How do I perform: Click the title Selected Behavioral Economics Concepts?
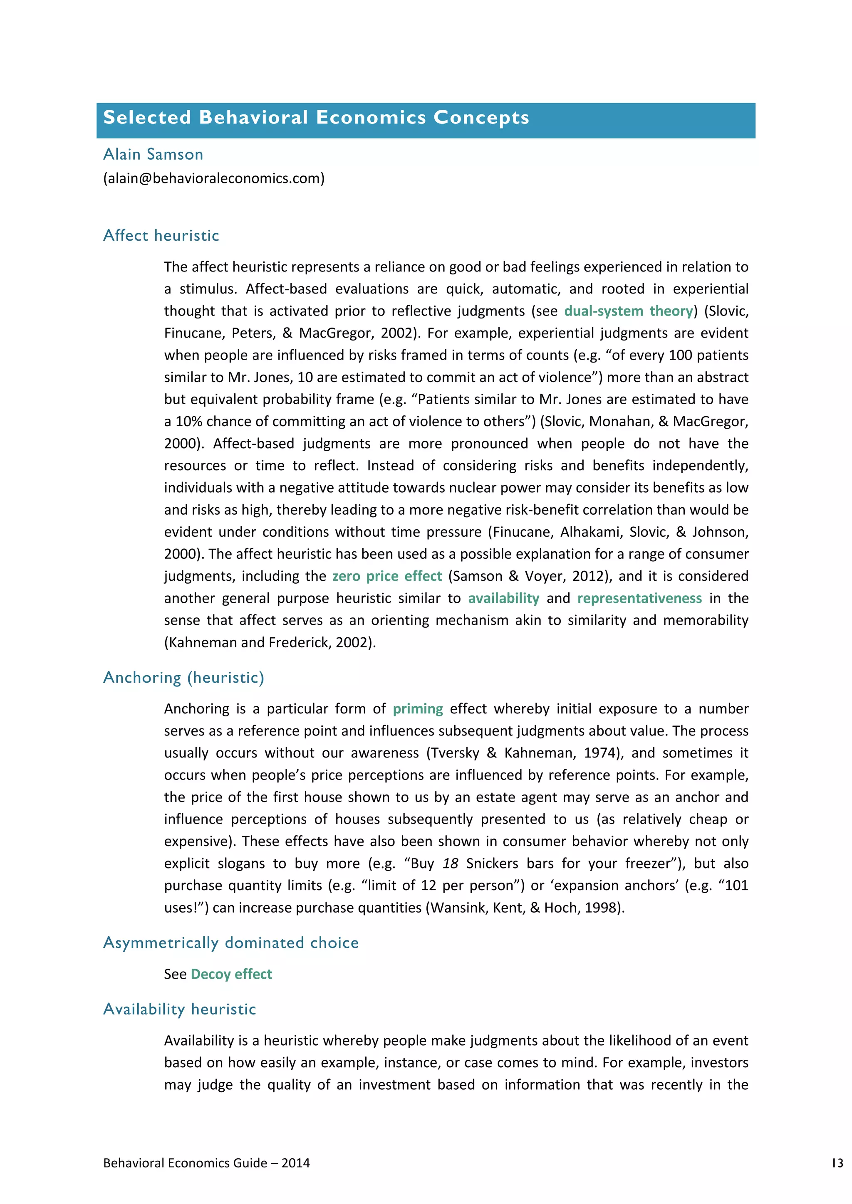point(316,118)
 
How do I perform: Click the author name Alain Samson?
point(153,154)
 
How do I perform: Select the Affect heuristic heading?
point(161,235)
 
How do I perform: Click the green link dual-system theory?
point(629,311)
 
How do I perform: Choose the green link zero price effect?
point(387,576)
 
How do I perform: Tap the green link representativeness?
point(639,598)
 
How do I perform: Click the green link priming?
point(418,709)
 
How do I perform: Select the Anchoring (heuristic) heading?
point(183,678)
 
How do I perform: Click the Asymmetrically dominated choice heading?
point(231,942)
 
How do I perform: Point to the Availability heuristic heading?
point(179,1009)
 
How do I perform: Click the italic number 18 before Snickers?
point(450,864)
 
